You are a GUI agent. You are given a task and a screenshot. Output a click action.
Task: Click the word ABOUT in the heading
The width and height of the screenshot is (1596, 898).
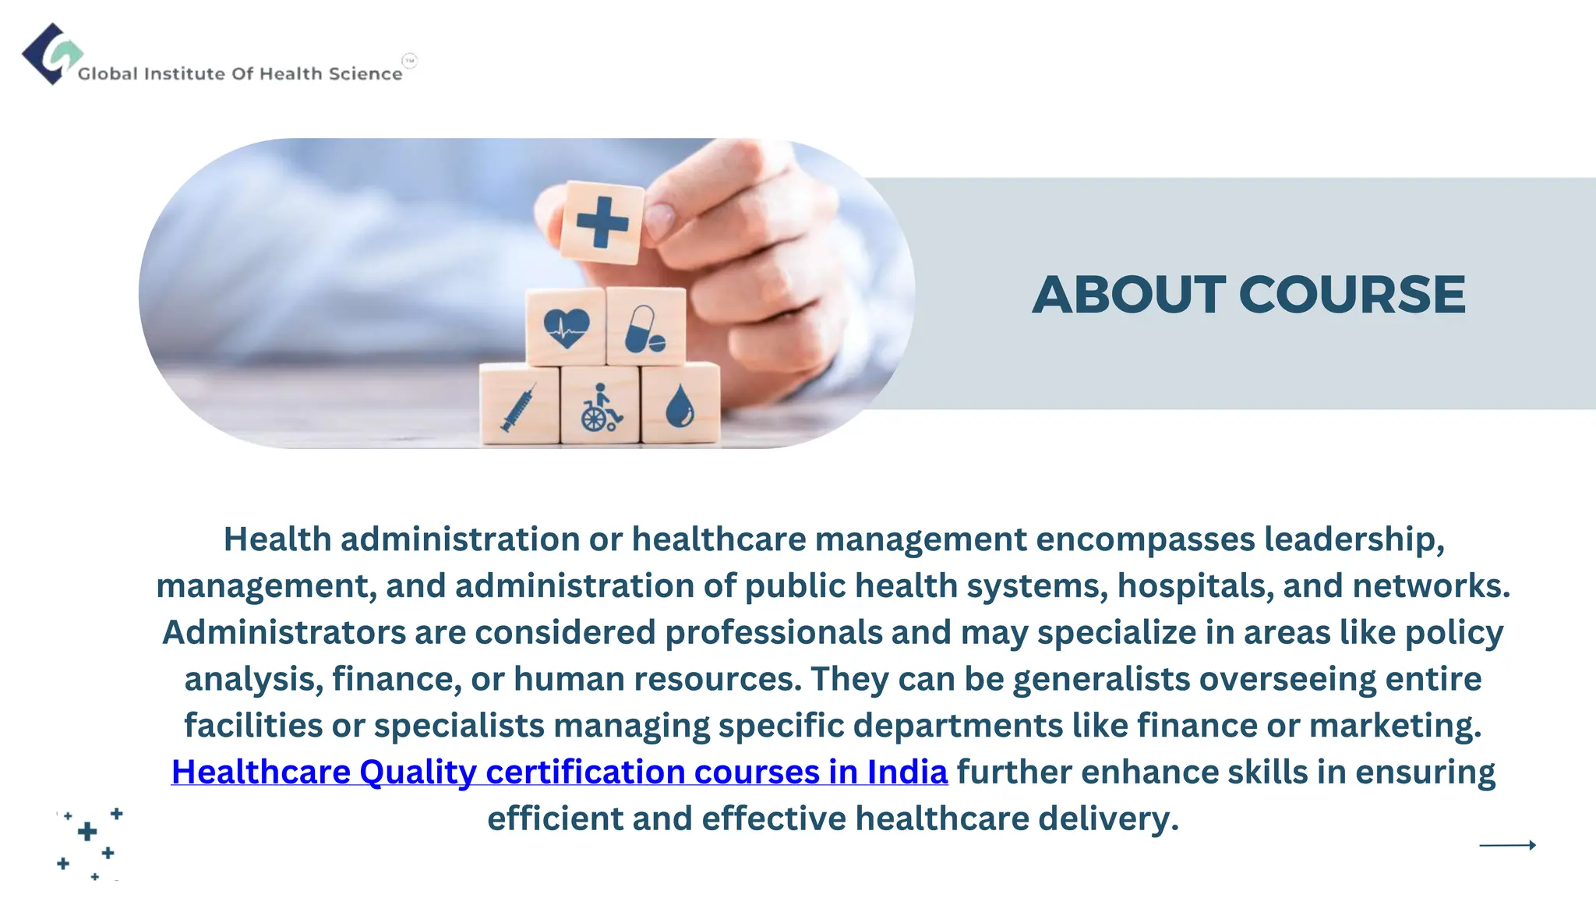coord(1129,295)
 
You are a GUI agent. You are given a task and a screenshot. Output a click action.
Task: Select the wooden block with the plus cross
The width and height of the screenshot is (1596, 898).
coord(602,222)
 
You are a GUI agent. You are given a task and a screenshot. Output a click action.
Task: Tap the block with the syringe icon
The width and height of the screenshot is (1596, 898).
coord(519,406)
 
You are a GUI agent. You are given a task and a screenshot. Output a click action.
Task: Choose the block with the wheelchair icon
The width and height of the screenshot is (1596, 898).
coord(600,406)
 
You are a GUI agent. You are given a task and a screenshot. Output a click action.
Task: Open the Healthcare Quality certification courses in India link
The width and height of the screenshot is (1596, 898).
coord(559,772)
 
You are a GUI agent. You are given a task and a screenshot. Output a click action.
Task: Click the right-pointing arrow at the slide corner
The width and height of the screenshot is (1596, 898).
coord(1507,844)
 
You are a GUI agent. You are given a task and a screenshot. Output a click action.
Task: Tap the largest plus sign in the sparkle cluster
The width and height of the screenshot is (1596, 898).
coord(87,832)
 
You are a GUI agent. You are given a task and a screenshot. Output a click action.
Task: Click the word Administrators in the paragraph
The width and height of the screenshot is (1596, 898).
coord(284,632)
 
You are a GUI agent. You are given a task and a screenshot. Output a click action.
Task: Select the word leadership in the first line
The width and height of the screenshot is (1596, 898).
coord(1354,539)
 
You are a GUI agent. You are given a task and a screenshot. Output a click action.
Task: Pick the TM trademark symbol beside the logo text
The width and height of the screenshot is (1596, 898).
coord(410,60)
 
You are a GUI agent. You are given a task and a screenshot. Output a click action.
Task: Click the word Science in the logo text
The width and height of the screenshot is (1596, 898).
coord(365,74)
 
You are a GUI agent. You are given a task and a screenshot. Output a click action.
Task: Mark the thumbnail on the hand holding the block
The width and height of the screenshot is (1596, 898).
coord(660,220)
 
